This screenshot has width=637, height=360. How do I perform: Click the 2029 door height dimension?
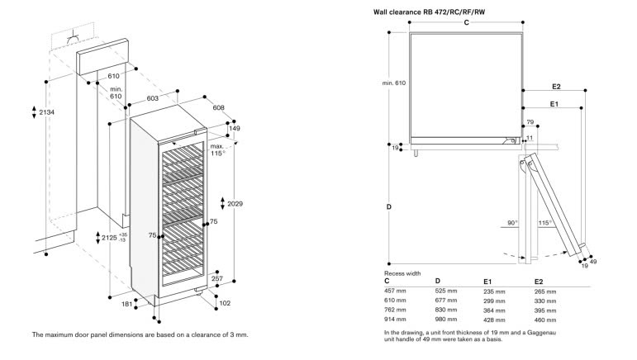(x=235, y=203)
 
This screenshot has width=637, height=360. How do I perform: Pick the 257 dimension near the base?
(x=217, y=280)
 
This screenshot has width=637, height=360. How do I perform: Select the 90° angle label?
(x=512, y=223)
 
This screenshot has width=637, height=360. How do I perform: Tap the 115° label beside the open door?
(x=544, y=223)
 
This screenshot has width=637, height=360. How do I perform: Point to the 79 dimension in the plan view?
(x=530, y=123)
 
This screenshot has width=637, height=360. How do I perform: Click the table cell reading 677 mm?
(x=446, y=301)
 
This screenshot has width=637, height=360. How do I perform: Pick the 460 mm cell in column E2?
(x=545, y=320)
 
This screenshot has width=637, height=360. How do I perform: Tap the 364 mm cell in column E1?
(x=495, y=310)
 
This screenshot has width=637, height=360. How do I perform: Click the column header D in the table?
(x=438, y=282)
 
